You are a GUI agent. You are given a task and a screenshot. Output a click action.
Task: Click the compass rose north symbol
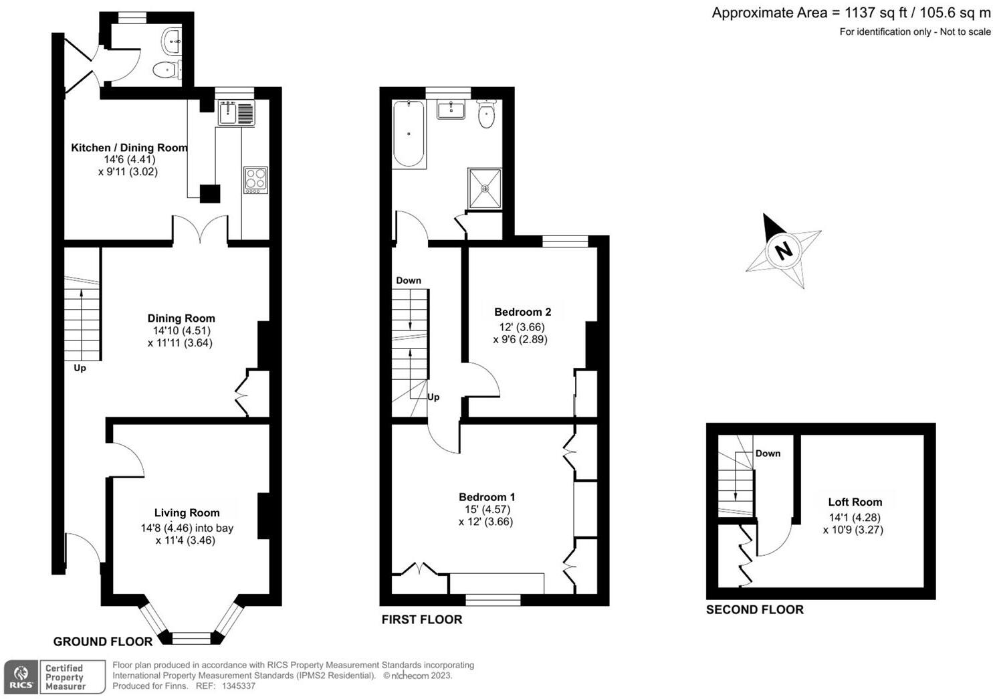click(x=783, y=251)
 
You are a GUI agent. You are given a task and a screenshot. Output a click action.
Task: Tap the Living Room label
click(x=187, y=513)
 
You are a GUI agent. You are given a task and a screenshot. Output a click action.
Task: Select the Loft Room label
click(x=855, y=502)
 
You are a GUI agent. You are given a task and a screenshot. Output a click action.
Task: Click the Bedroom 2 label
click(x=522, y=312)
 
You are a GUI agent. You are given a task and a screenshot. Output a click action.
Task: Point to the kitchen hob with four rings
click(x=255, y=180)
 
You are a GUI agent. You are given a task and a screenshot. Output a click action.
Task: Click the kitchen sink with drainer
click(x=236, y=113)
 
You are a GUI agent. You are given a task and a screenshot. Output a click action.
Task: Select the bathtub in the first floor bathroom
click(x=408, y=134)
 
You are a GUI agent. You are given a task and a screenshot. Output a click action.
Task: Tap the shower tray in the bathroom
click(x=485, y=188)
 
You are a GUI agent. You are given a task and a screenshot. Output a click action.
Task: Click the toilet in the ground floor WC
click(x=165, y=70)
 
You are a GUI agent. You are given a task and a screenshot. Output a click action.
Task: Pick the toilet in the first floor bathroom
click(x=487, y=114)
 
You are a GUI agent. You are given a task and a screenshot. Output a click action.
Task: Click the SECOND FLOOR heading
click(x=755, y=609)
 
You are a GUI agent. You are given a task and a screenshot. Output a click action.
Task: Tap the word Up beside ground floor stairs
click(x=80, y=368)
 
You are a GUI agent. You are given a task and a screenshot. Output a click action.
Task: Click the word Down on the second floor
click(x=768, y=454)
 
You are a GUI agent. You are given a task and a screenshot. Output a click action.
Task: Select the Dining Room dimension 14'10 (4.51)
click(x=181, y=330)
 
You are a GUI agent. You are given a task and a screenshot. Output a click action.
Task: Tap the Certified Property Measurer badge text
click(x=65, y=677)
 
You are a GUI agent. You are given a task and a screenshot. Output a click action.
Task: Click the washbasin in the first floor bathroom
click(x=451, y=110)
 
